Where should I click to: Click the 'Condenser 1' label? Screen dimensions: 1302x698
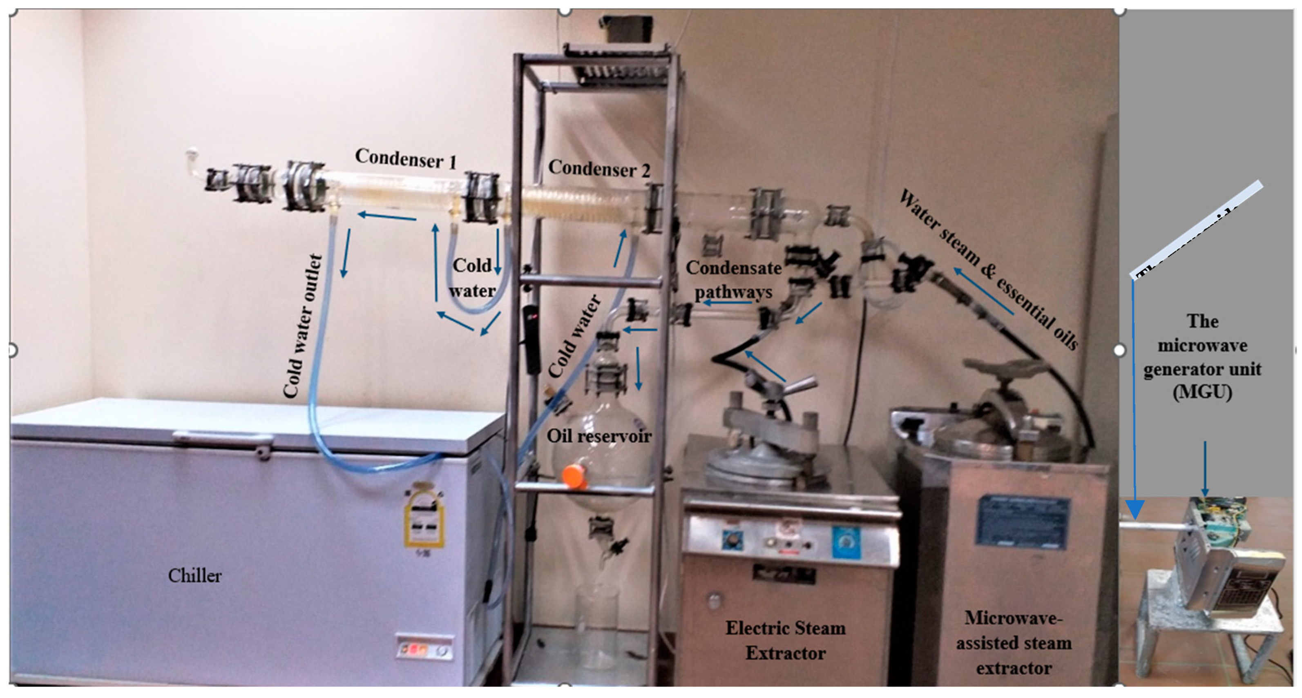pyautogui.click(x=405, y=159)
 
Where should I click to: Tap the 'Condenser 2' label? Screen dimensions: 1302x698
pyautogui.click(x=599, y=168)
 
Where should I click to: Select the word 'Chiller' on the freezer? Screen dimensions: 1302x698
pyautogui.click(x=194, y=575)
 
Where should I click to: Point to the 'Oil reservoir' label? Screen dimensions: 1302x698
pyautogui.click(x=599, y=436)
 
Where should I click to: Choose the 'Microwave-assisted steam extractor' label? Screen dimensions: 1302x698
pyautogui.click(x=1014, y=643)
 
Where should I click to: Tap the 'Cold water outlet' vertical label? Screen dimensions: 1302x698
pyautogui.click(x=302, y=326)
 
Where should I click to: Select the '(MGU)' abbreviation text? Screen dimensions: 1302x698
pyautogui.click(x=1202, y=392)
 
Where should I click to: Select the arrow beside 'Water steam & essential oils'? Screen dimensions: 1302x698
pyautogui.click(x=983, y=291)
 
